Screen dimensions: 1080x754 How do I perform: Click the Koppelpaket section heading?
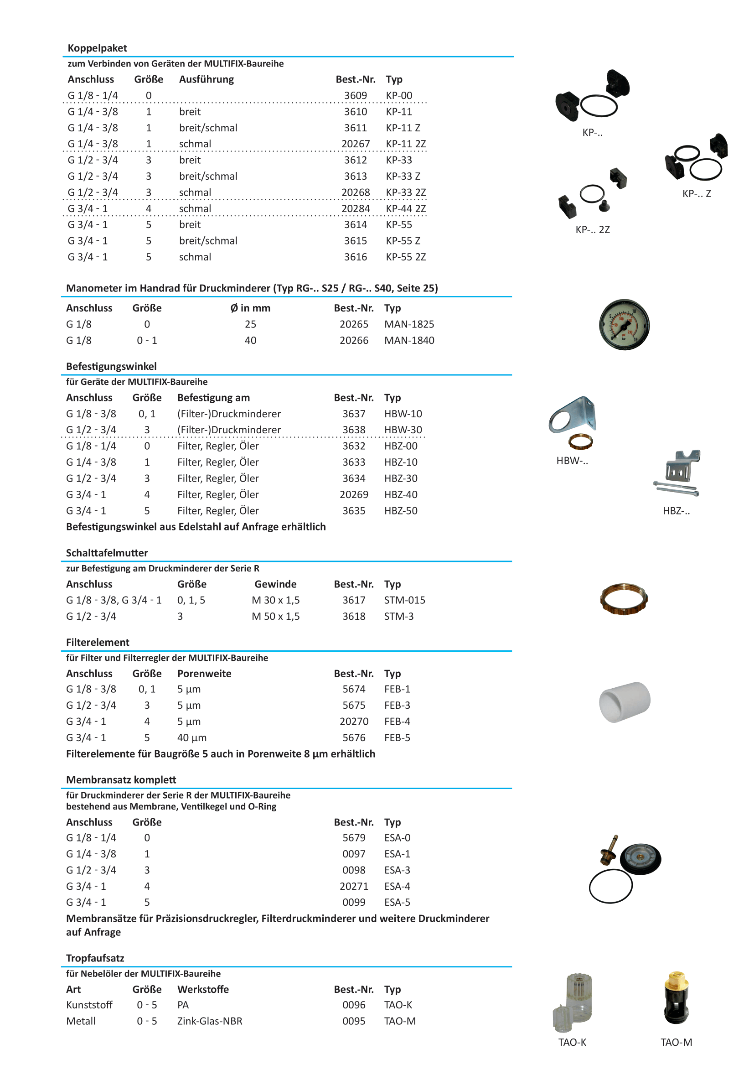97,48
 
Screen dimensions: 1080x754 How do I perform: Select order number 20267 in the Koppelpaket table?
356,144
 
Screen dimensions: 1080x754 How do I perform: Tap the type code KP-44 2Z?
406,208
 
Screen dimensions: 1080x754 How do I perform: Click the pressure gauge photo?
624,325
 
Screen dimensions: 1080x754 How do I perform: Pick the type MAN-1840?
409,340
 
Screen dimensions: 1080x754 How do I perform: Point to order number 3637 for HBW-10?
353,414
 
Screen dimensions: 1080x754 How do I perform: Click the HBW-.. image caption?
572,461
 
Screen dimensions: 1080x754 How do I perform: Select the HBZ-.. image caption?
676,511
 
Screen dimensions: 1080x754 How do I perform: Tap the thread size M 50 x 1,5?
275,616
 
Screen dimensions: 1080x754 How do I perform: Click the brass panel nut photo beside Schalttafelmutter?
624,599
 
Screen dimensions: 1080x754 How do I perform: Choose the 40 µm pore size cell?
192,737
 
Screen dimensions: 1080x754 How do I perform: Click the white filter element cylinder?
624,702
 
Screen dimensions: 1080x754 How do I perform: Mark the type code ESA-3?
397,870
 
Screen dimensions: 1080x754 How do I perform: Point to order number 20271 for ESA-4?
353,886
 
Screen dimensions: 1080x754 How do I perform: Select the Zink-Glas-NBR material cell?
210,1021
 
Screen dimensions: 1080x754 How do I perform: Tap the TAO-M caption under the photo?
676,1042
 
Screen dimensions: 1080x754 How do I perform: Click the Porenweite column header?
204,674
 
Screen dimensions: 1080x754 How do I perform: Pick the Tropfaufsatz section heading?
95,958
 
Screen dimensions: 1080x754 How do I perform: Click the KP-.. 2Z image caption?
592,229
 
